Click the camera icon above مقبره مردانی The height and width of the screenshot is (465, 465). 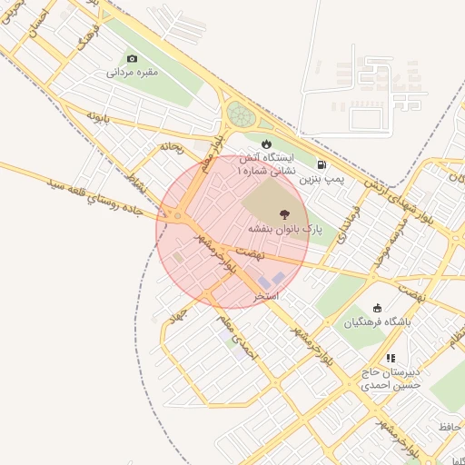(133, 58)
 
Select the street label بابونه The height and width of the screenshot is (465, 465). (98, 117)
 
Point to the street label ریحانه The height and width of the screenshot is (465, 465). (172, 145)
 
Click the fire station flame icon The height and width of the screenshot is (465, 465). (266, 143)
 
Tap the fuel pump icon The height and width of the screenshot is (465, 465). (322, 166)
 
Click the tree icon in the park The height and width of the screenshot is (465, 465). (285, 214)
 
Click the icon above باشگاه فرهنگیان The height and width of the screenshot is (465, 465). (378, 307)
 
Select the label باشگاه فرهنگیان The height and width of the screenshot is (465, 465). (378, 322)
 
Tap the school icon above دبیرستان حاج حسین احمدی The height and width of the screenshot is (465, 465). (391, 359)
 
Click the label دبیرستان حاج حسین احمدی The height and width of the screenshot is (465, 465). (391, 379)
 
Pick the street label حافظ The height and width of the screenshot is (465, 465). (450, 426)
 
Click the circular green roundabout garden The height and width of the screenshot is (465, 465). (240, 114)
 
